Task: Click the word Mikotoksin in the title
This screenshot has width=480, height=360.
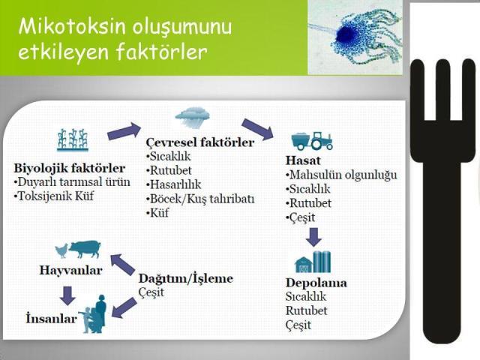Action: (63, 28)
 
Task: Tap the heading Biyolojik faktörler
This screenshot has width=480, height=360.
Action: (69, 167)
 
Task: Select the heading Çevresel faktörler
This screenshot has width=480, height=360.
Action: (199, 142)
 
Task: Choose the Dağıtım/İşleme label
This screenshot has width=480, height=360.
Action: (186, 278)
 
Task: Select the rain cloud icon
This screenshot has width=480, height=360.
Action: (192, 118)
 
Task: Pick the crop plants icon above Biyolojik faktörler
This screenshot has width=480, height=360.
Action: (72, 141)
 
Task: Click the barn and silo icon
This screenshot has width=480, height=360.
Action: (313, 262)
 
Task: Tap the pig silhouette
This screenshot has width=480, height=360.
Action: (85, 248)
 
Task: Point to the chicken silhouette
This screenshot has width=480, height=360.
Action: (59, 250)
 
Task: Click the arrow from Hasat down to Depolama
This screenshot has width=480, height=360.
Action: (314, 237)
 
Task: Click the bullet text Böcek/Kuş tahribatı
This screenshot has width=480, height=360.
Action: (203, 198)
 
